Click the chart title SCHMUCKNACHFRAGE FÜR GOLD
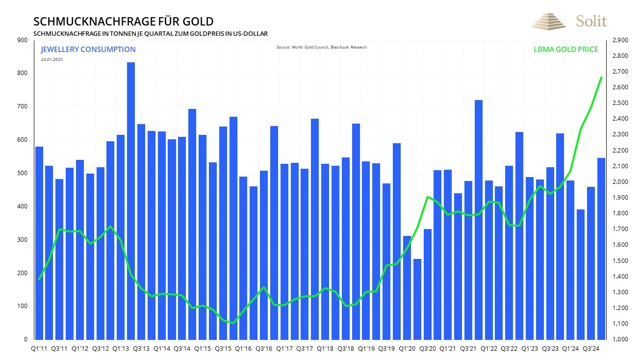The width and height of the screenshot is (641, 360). (123, 22)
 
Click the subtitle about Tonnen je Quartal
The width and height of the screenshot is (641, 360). (150, 33)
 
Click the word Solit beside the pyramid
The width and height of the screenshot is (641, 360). (591, 21)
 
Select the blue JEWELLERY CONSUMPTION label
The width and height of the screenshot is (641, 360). (88, 50)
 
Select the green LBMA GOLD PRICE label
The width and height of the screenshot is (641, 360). (565, 50)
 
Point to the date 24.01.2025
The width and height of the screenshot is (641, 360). (51, 59)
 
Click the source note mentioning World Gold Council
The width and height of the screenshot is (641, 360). (321, 47)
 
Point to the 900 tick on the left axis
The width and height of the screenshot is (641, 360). (23, 40)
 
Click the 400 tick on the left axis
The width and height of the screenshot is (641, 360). (23, 206)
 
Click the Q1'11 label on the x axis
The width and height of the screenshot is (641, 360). (39, 348)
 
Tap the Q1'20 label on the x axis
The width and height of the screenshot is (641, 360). (407, 348)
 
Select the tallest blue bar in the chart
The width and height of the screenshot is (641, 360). (131, 201)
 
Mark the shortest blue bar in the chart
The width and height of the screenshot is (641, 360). (417, 299)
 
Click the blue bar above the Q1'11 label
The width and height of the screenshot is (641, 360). (39, 243)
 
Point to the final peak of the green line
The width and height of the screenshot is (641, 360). (601, 77)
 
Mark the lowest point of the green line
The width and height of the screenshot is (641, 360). (233, 323)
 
